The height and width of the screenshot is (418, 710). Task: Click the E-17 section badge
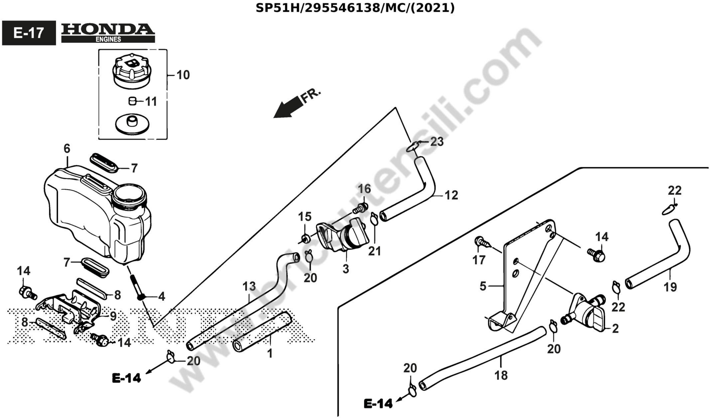[x=29, y=33]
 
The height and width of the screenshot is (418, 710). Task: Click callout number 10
[x=183, y=75]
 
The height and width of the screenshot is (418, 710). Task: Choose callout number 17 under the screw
[x=479, y=260]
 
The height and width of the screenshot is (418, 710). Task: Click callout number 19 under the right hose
[x=670, y=287]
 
